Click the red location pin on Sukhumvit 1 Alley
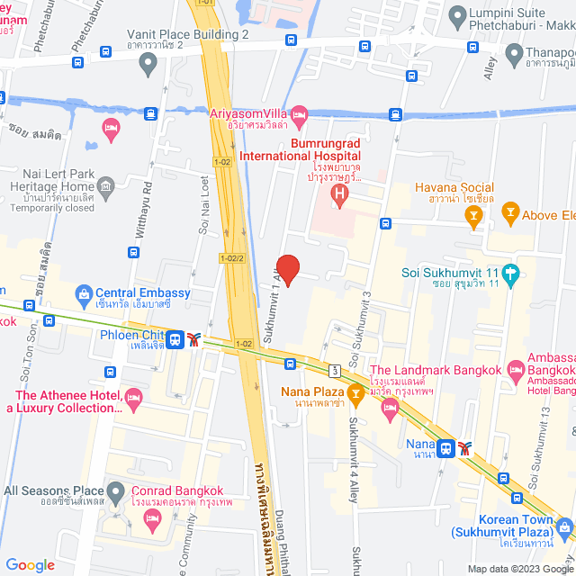pos(286,268)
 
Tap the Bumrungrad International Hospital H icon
pos(339,193)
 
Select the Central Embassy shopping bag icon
pos(84,293)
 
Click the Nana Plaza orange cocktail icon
pos(355,391)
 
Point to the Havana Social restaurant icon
pos(477,213)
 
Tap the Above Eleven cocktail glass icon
pos(510,213)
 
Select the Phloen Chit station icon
pos(175,339)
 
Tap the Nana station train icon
pos(445,446)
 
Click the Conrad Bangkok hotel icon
pos(152,517)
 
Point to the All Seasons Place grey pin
pos(116,492)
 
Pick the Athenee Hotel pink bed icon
pos(134,396)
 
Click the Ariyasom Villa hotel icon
pos(300,114)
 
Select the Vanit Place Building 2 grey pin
pos(148,62)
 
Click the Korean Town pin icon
pos(564,526)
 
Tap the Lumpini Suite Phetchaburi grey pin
pos(457,14)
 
